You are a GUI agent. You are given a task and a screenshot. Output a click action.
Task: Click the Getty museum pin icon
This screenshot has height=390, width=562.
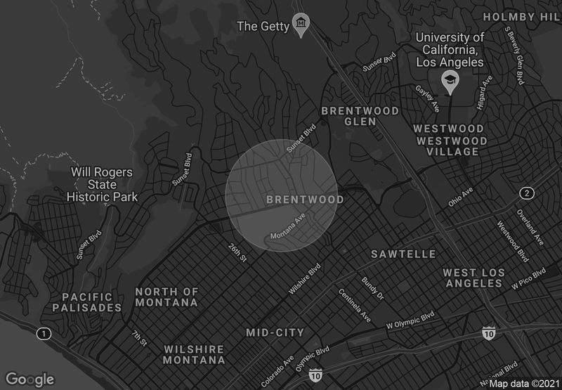point(302,24)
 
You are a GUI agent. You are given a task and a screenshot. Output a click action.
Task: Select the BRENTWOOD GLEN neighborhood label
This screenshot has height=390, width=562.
point(360,116)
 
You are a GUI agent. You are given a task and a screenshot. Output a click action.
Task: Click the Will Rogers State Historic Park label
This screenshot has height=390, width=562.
point(103,184)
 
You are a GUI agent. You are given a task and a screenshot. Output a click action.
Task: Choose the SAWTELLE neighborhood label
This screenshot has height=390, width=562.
point(403,254)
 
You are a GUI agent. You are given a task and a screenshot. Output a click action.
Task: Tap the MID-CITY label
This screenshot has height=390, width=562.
point(275,332)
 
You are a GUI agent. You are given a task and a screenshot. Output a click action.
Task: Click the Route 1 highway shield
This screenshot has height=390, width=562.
point(44,333)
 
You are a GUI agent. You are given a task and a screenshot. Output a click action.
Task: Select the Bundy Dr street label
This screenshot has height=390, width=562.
point(373,287)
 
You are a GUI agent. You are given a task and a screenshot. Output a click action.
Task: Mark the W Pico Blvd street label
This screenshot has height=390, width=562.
point(528,279)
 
